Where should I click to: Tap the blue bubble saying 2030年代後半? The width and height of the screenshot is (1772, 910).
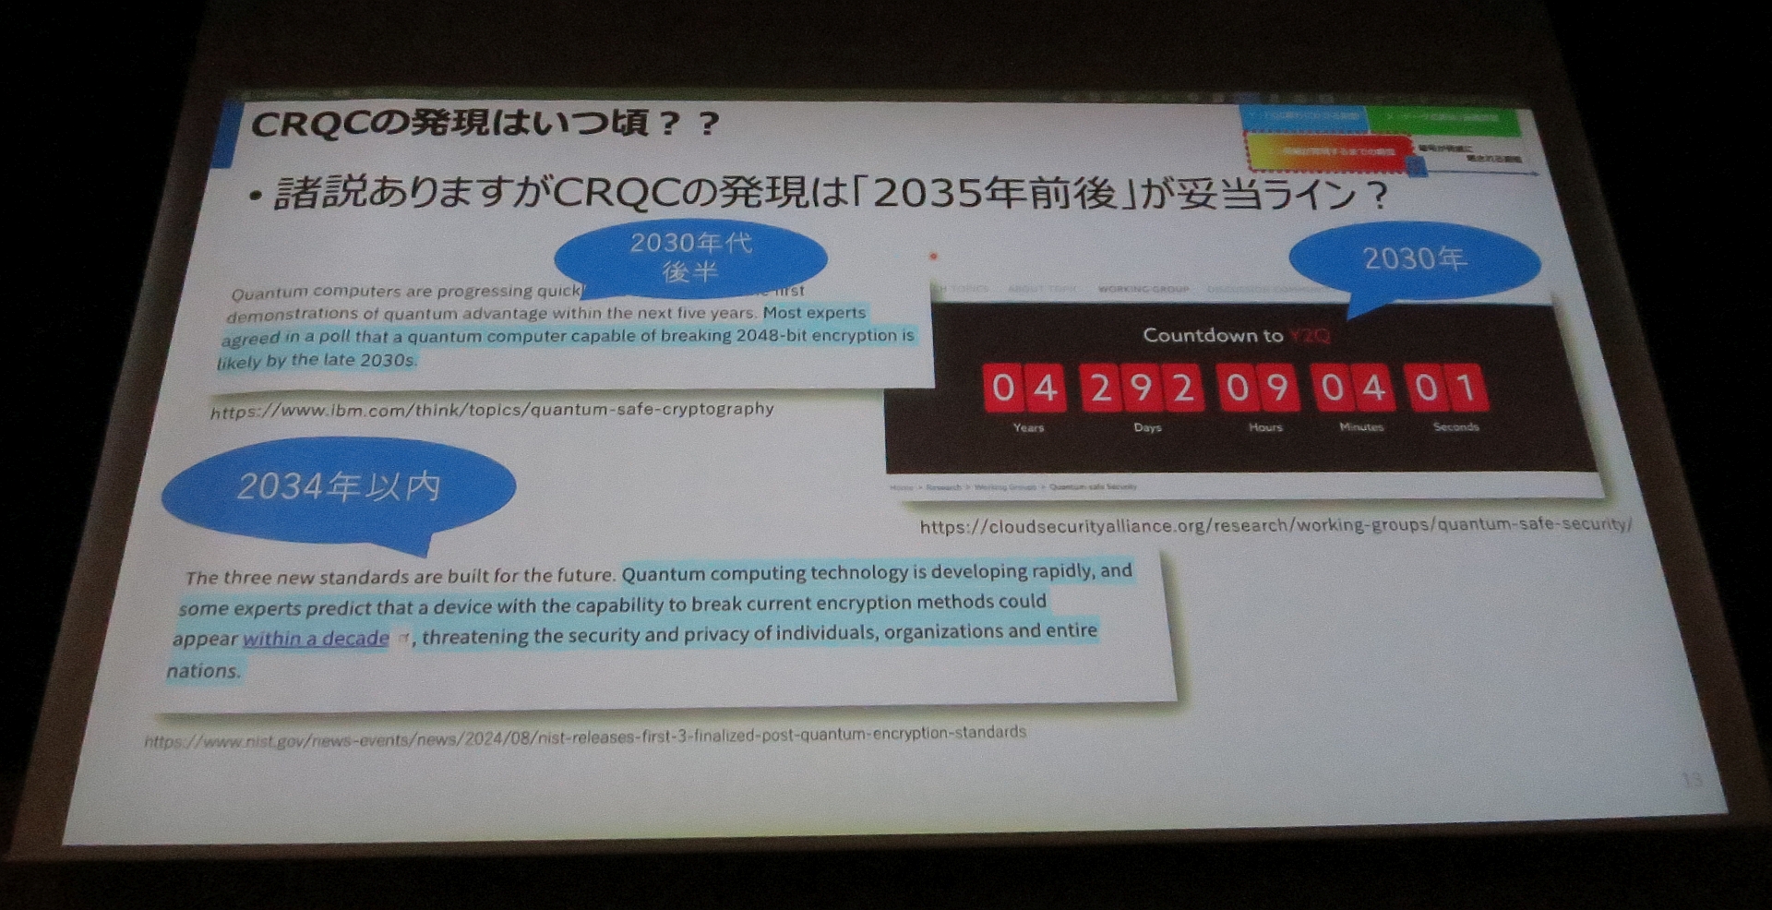tap(690, 257)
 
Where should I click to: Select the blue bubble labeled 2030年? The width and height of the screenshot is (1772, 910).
tap(1414, 259)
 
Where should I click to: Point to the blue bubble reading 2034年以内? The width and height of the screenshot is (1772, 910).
tap(339, 487)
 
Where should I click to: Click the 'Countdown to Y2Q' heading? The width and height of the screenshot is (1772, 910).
tap(1236, 335)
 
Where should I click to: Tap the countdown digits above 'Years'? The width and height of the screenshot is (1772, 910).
tap(1024, 388)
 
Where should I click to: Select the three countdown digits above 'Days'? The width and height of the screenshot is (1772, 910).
tap(1142, 388)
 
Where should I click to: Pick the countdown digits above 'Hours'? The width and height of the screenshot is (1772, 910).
tap(1258, 388)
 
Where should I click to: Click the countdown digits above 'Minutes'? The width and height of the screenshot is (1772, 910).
tap(1353, 388)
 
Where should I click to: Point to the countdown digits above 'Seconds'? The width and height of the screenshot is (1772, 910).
tap(1446, 388)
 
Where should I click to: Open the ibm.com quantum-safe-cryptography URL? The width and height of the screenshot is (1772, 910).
tap(492, 410)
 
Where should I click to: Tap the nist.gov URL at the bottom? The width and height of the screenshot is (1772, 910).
tap(584, 736)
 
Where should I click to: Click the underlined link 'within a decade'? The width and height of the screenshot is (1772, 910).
tap(316, 639)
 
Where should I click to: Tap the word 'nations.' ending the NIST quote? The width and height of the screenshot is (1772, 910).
tap(204, 671)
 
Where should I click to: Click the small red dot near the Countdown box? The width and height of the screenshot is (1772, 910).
tap(933, 256)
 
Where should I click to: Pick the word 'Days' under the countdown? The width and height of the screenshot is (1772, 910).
tap(1147, 427)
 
